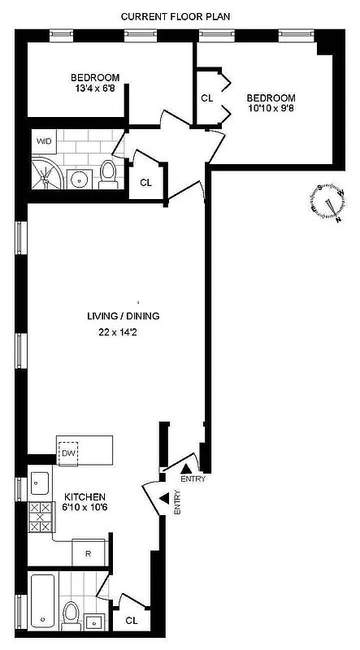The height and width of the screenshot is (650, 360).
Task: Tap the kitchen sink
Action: [40, 485]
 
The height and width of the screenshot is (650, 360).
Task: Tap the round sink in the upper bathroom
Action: [80, 179]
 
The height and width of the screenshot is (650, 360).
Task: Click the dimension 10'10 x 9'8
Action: [273, 110]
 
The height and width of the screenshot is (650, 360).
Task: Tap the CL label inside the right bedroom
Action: [207, 99]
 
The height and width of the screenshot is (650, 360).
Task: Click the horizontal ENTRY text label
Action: [193, 479]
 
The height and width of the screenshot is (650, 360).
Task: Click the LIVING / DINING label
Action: [124, 316]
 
